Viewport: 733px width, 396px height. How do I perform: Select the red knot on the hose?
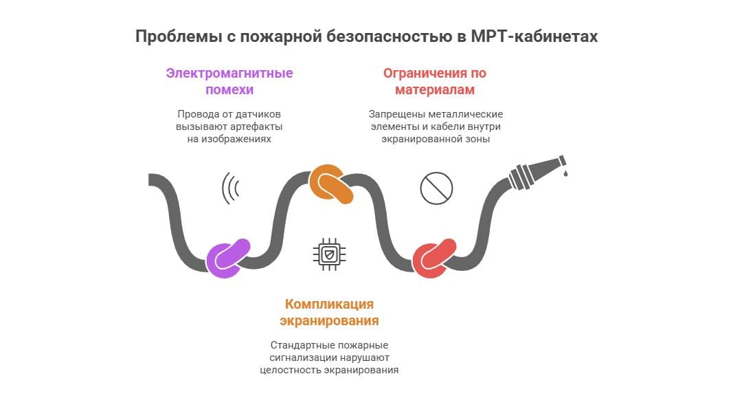tap(435, 258)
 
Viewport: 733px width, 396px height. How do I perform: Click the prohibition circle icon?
tap(436, 188)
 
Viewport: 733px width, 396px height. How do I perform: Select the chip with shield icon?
tap(329, 254)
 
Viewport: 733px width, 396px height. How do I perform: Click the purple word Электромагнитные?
tap(229, 74)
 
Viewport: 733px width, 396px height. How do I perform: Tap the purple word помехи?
tap(229, 90)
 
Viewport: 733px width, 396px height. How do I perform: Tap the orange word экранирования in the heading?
tap(329, 321)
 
